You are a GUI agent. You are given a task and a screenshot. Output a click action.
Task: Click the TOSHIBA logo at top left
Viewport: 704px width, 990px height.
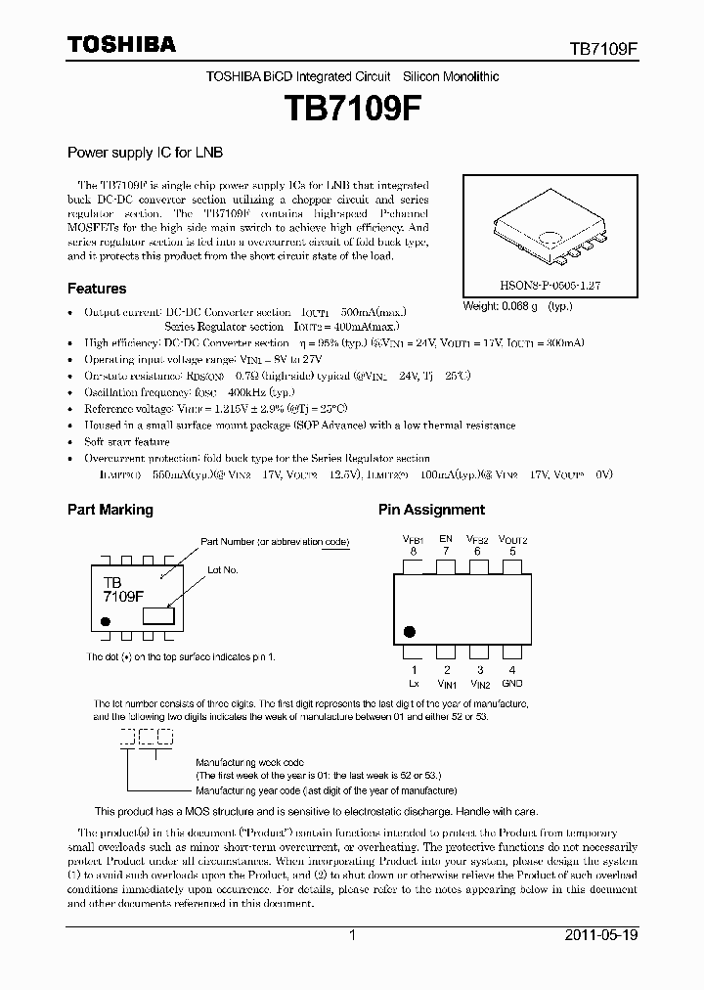pos(121,44)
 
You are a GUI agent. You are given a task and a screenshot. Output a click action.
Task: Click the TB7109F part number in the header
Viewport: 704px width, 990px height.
pos(604,47)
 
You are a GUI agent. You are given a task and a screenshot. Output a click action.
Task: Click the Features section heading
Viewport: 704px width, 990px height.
pos(96,289)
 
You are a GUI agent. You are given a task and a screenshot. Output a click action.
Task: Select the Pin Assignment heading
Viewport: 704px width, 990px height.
pos(431,510)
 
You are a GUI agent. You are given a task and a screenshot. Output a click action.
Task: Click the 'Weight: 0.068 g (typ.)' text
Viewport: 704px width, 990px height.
pos(517,306)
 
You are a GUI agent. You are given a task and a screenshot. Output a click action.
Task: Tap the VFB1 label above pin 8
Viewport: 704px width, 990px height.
pos(413,539)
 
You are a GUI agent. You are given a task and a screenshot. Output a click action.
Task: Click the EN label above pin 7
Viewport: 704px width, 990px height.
pos(446,539)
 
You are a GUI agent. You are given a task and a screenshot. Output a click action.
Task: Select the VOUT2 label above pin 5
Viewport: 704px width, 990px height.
pos(512,539)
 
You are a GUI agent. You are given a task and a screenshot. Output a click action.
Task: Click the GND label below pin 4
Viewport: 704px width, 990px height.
pos(512,684)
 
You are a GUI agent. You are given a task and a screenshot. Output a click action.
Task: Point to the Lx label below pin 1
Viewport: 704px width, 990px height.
pos(414,684)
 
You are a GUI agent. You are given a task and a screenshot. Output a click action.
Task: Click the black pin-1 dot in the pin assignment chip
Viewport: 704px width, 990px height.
pos(411,631)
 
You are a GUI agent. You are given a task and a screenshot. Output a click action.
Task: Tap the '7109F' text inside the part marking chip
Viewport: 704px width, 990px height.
pos(123,595)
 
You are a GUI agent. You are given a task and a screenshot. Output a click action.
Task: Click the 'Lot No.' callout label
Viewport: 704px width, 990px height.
pos(223,568)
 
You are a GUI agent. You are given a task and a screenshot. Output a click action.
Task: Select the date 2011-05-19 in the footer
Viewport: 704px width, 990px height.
pos(601,935)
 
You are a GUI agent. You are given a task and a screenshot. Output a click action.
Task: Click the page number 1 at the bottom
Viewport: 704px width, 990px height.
pos(352,935)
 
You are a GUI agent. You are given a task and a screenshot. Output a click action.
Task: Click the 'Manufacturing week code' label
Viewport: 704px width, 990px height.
pos(249,760)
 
